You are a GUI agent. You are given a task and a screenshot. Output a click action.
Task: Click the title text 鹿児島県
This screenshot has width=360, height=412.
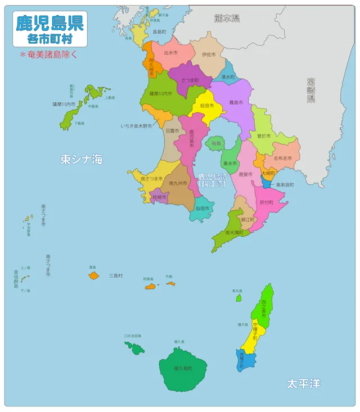pos(49,23)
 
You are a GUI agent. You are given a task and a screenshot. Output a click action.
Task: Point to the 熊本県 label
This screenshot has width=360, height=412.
pos(227,18)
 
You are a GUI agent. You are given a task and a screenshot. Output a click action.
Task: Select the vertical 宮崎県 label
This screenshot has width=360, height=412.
pos(310,90)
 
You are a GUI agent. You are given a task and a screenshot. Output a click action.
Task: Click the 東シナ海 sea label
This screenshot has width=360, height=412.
pos(82,159)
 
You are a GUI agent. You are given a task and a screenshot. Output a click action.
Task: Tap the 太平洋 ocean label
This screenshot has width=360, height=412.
pos(303,383)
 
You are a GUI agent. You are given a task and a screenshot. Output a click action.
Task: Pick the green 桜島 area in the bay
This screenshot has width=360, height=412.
pos(216,144)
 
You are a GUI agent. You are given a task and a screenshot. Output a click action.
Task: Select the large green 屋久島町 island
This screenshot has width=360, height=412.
pos(183,369)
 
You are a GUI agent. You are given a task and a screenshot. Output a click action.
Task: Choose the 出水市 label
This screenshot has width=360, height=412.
pos(170,52)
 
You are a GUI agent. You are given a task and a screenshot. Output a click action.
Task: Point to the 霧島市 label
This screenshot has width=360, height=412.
pos(236,103)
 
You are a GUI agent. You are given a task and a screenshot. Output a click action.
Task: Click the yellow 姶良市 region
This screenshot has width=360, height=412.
pos(206,105)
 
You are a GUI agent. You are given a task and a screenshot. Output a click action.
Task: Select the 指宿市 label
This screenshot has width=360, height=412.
pos(202,208)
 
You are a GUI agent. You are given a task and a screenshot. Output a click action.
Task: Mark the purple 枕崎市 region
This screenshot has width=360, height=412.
pos(160,197)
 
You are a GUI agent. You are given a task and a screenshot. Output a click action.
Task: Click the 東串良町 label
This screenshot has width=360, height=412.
pos(285,184)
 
